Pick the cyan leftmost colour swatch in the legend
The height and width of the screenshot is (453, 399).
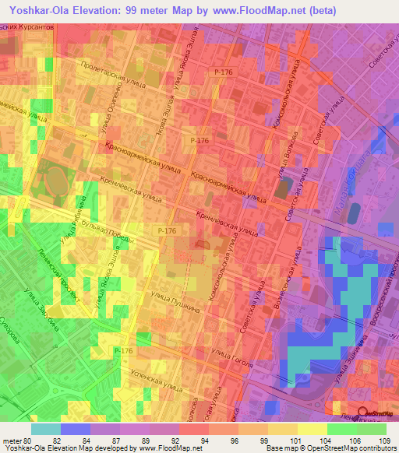45,429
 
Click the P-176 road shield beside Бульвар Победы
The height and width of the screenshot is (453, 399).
165,231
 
